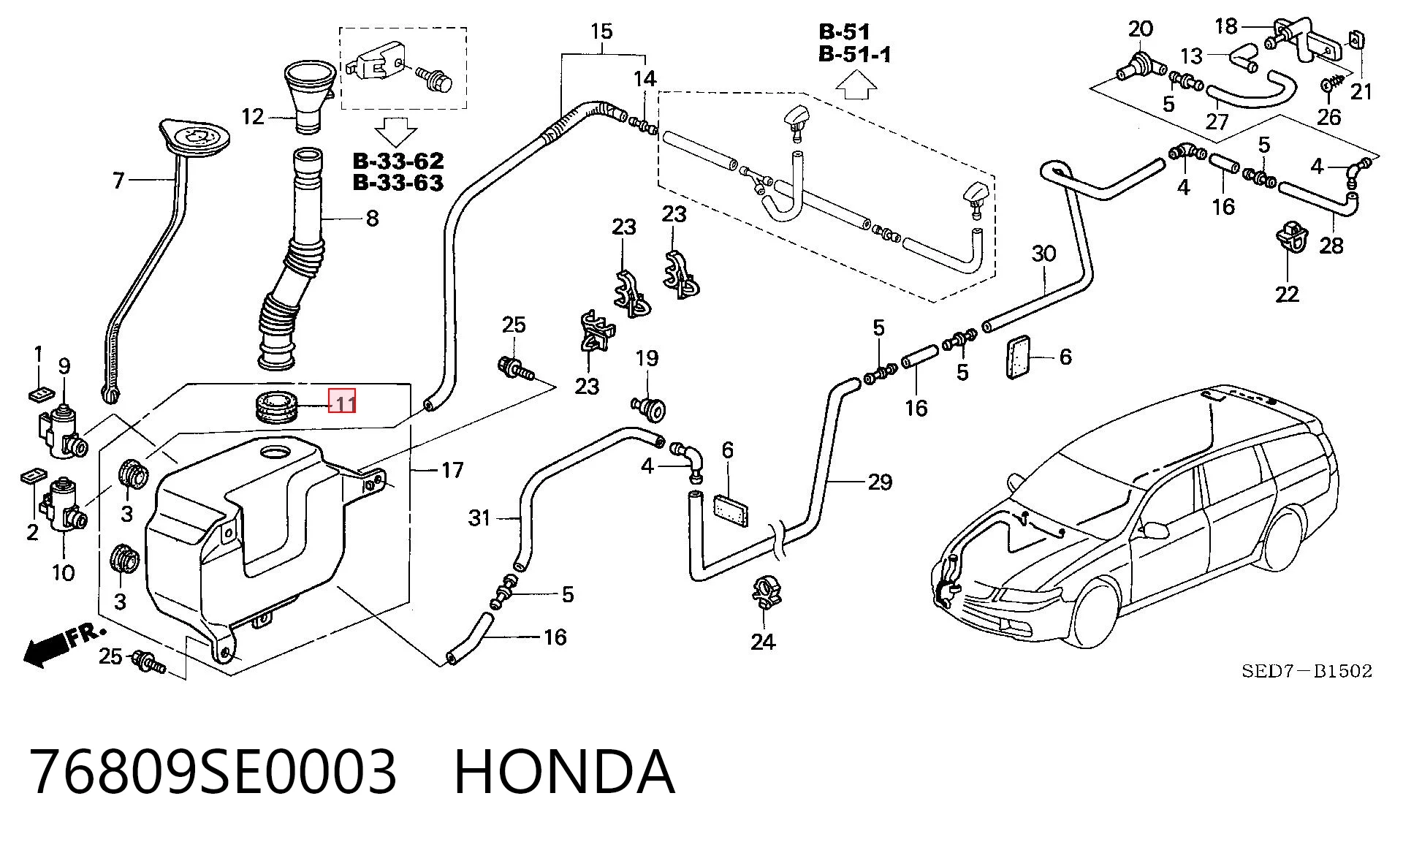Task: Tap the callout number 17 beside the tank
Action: click(x=452, y=470)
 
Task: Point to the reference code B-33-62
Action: click(x=398, y=160)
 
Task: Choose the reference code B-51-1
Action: click(x=854, y=54)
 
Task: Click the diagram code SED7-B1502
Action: click(x=1307, y=671)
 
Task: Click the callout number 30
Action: click(x=1043, y=254)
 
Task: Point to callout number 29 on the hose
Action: click(x=880, y=482)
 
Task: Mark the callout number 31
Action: click(x=479, y=518)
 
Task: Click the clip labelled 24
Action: click(x=764, y=592)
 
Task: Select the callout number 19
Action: click(x=647, y=358)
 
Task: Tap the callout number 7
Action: click(x=119, y=180)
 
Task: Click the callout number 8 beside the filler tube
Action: click(x=372, y=218)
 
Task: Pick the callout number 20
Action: click(x=1140, y=29)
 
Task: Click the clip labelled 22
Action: click(x=1291, y=238)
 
